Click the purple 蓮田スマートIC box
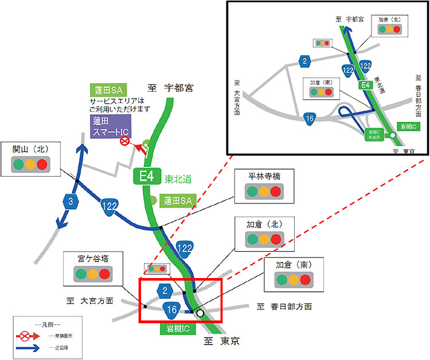point(111,127)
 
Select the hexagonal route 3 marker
point(69,201)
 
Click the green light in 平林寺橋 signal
point(251,192)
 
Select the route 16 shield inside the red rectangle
point(171,310)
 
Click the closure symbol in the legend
point(26,334)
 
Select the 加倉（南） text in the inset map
point(322,82)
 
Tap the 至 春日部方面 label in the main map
point(284,307)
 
